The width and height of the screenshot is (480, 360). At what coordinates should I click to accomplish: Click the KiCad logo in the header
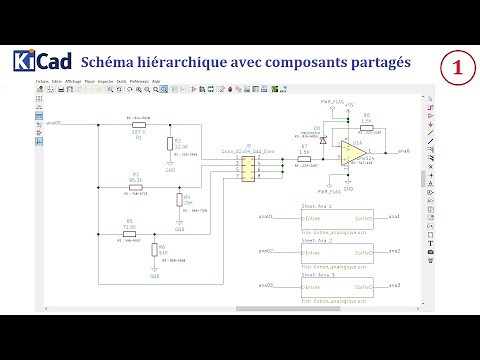point(39,62)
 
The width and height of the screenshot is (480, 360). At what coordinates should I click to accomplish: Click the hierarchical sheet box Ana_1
point(336,217)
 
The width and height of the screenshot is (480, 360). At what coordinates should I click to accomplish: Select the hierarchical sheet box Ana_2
point(336,251)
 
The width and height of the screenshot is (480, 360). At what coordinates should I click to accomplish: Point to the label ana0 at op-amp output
point(403,152)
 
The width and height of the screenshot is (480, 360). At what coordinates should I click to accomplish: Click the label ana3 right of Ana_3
point(395,285)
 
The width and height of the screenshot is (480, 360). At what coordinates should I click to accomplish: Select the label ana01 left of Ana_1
point(265,217)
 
